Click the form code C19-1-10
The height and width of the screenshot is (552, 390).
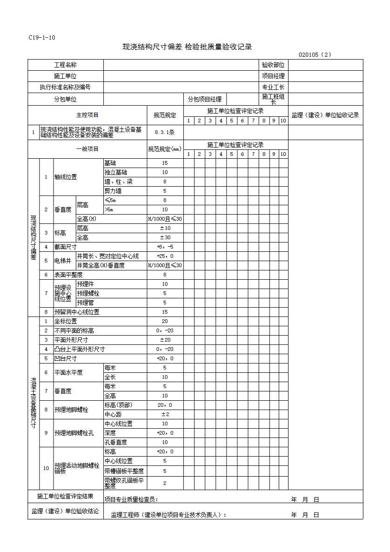click(42, 38)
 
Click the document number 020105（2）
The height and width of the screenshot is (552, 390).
click(315, 54)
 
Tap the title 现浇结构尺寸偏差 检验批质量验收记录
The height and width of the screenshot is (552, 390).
click(187, 47)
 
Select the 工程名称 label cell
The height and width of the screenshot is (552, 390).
click(65, 65)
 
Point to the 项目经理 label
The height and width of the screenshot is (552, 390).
click(273, 76)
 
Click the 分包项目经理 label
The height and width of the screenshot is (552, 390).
click(204, 99)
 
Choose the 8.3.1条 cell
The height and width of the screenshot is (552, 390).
click(165, 132)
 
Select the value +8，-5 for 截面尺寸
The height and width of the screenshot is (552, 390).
click(165, 247)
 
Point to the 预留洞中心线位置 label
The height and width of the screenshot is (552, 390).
click(77, 312)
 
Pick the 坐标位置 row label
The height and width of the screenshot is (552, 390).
click(66, 321)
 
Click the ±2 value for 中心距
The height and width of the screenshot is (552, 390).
click(165, 414)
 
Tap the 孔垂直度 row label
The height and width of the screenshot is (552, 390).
click(116, 442)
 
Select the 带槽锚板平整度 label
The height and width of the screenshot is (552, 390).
click(124, 471)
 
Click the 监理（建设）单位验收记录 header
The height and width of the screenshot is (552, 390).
click(325, 115)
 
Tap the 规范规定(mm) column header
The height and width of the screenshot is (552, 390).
click(165, 149)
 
